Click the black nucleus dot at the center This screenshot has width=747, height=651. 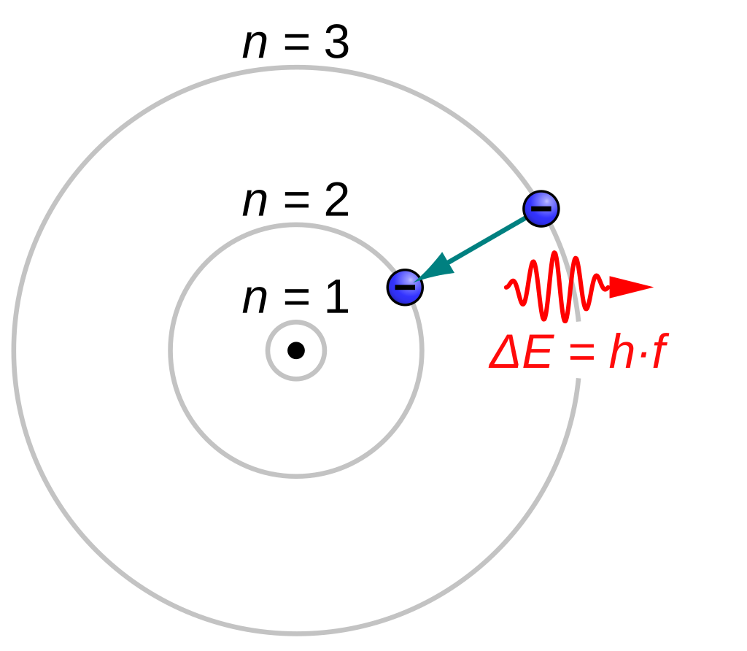(295, 350)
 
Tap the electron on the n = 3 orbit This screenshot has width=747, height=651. (541, 209)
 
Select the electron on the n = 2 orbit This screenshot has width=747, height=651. (405, 286)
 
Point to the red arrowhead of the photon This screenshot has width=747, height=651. (629, 287)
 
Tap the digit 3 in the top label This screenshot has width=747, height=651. (336, 44)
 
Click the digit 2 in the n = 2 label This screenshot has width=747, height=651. (336, 201)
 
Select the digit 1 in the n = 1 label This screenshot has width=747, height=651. (336, 299)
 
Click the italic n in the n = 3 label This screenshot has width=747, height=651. (255, 45)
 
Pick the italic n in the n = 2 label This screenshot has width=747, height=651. (255, 203)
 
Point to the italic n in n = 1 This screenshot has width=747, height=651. (255, 301)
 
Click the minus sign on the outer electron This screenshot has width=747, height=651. (541, 209)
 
